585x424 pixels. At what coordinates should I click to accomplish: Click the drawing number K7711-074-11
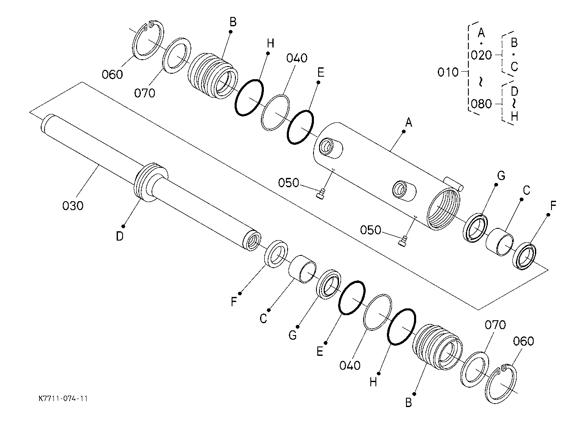pos(63,399)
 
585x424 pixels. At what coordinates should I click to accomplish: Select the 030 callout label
pos(73,206)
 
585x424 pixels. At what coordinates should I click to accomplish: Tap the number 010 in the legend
pos(448,72)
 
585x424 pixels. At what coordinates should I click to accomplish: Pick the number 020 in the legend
pos(481,55)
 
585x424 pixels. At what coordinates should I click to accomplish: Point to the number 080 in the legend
pos(481,104)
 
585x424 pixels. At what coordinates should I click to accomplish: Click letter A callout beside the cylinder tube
pos(409,122)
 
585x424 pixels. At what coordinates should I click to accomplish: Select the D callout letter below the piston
pos(120,236)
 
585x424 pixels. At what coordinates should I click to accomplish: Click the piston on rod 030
pos(151,182)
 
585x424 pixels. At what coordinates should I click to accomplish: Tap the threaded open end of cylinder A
pos(444,208)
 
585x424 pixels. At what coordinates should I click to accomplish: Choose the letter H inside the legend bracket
pos(514,116)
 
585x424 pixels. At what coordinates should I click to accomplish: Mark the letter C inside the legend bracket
pos(514,67)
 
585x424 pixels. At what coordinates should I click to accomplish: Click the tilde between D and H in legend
pos(514,104)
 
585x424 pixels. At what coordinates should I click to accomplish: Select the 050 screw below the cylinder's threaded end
pos(403,241)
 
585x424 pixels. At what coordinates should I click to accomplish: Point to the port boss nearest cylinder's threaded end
pos(405,191)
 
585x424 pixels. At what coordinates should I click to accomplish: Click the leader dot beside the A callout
pos(404,132)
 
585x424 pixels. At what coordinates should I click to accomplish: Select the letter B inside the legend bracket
pos(514,42)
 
